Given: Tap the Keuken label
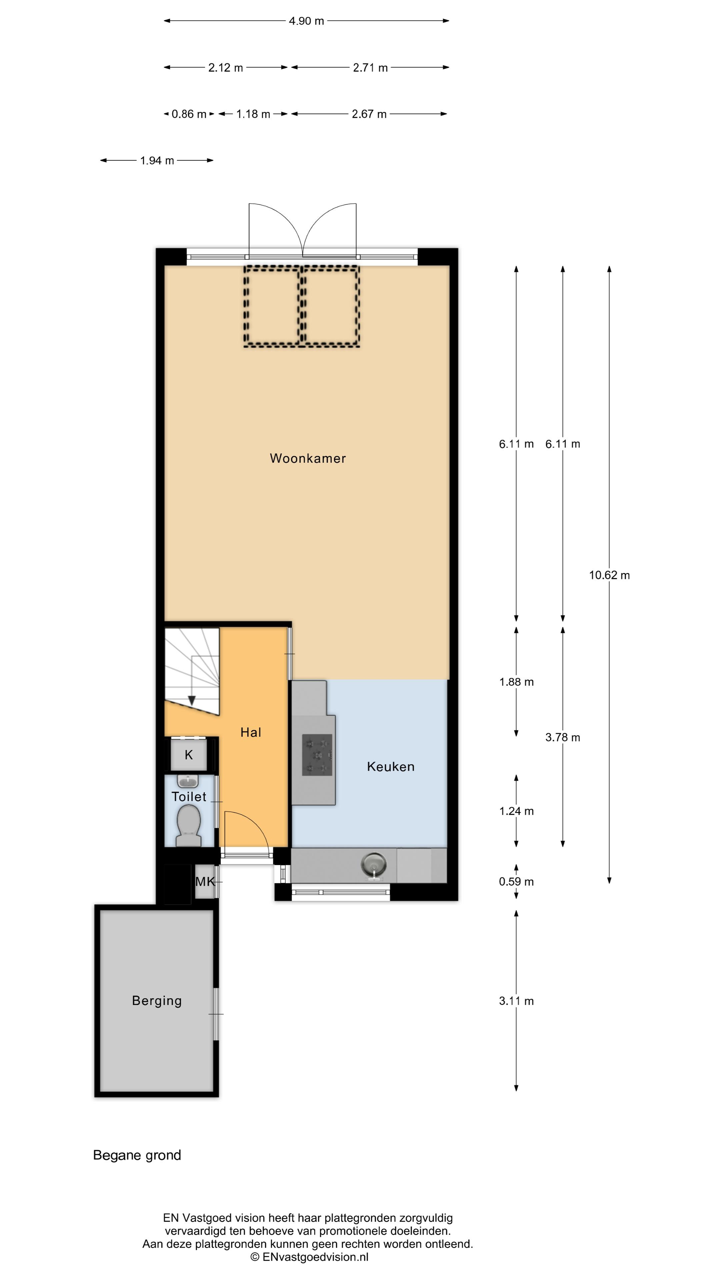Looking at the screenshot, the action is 391,766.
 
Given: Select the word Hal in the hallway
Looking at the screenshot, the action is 250,732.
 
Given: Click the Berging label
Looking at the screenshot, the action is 157,1001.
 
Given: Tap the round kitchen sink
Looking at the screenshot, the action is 373,865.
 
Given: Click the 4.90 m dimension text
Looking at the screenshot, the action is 307,21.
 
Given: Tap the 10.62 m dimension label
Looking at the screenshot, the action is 609,575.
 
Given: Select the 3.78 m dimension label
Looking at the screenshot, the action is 562,737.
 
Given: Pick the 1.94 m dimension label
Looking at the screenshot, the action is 157,160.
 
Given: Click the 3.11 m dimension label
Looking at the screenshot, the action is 516,1001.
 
